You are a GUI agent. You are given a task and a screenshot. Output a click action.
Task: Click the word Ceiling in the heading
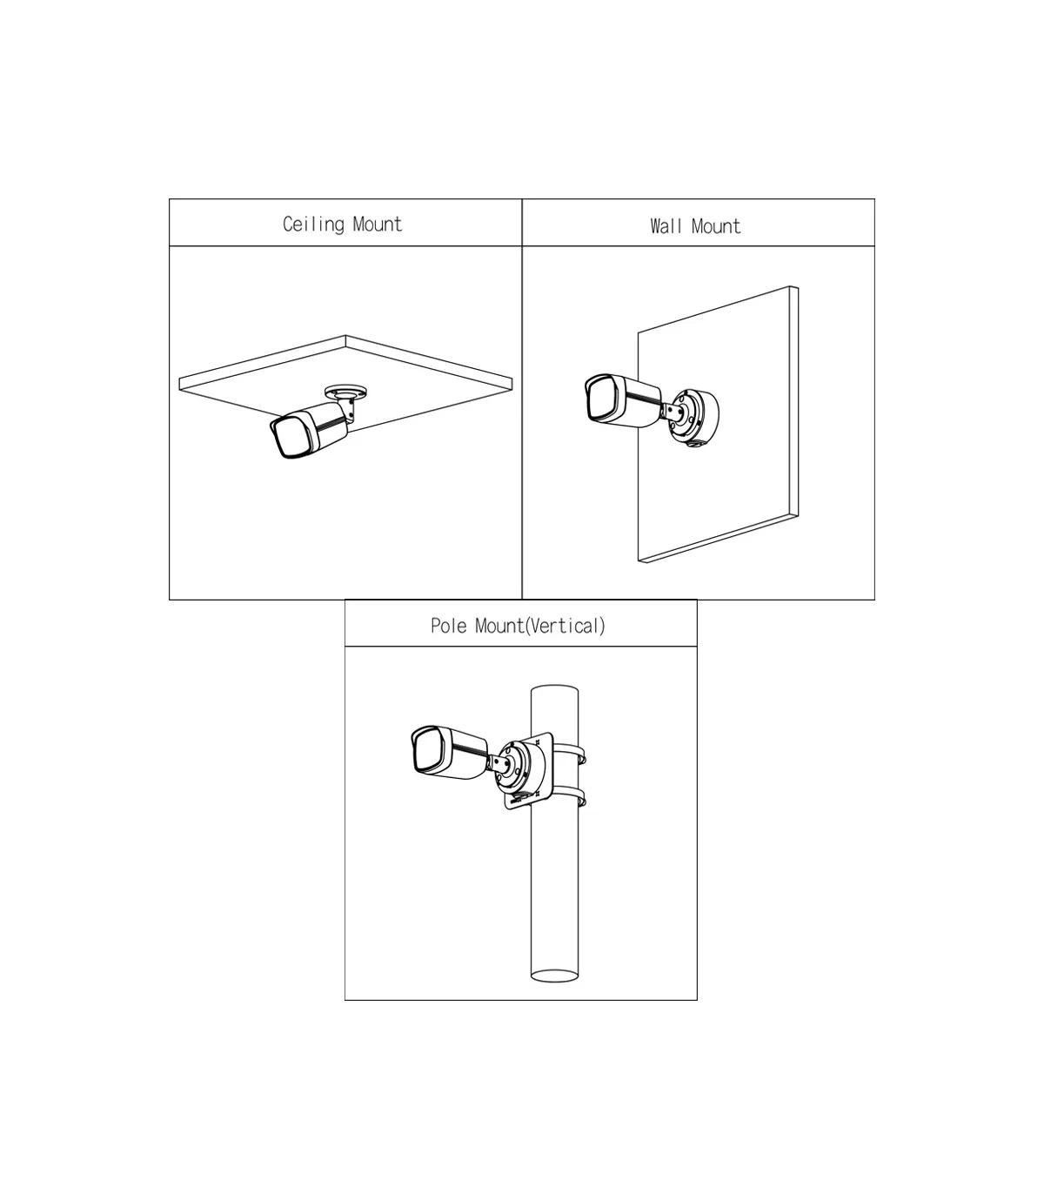pyautogui.click(x=314, y=225)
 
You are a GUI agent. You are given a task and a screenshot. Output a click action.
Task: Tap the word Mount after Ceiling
pyautogui.click(x=378, y=225)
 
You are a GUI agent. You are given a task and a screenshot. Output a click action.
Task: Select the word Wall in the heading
pyautogui.click(x=666, y=226)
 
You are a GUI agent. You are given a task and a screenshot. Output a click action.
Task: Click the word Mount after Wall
pyautogui.click(x=716, y=226)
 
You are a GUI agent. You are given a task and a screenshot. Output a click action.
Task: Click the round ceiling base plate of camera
pyautogui.click(x=346, y=391)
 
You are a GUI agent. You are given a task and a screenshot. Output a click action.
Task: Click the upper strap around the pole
pyautogui.click(x=571, y=754)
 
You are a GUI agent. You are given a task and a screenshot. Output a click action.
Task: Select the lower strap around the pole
pyautogui.click(x=571, y=796)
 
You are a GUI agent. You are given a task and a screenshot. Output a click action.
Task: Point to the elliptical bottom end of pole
pyautogui.click(x=555, y=976)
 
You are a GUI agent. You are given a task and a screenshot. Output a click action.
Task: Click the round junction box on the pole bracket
pyautogui.click(x=520, y=767)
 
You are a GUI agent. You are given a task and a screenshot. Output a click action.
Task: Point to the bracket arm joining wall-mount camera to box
pyautogui.click(x=670, y=412)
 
